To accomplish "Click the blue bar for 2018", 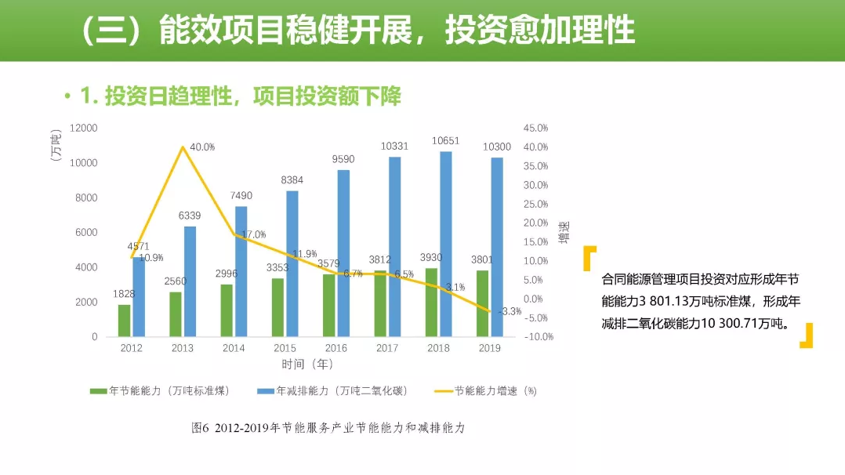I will pos(446,244).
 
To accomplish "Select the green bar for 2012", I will pos(125,321).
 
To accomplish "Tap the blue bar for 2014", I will pos(241,271).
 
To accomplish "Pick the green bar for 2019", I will pos(483,303).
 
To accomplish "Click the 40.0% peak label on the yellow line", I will pos(202,147).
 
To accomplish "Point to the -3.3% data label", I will pos(510,311).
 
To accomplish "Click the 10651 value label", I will pos(445,141).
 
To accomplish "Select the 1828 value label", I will pos(123,294).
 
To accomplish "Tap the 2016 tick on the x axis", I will pos(336,349).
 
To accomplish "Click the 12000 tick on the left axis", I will pos(83,128).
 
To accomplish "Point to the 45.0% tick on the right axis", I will pos(536,128).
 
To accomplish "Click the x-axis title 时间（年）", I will pos(307,364).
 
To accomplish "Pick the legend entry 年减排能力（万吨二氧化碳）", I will pos(335,390).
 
